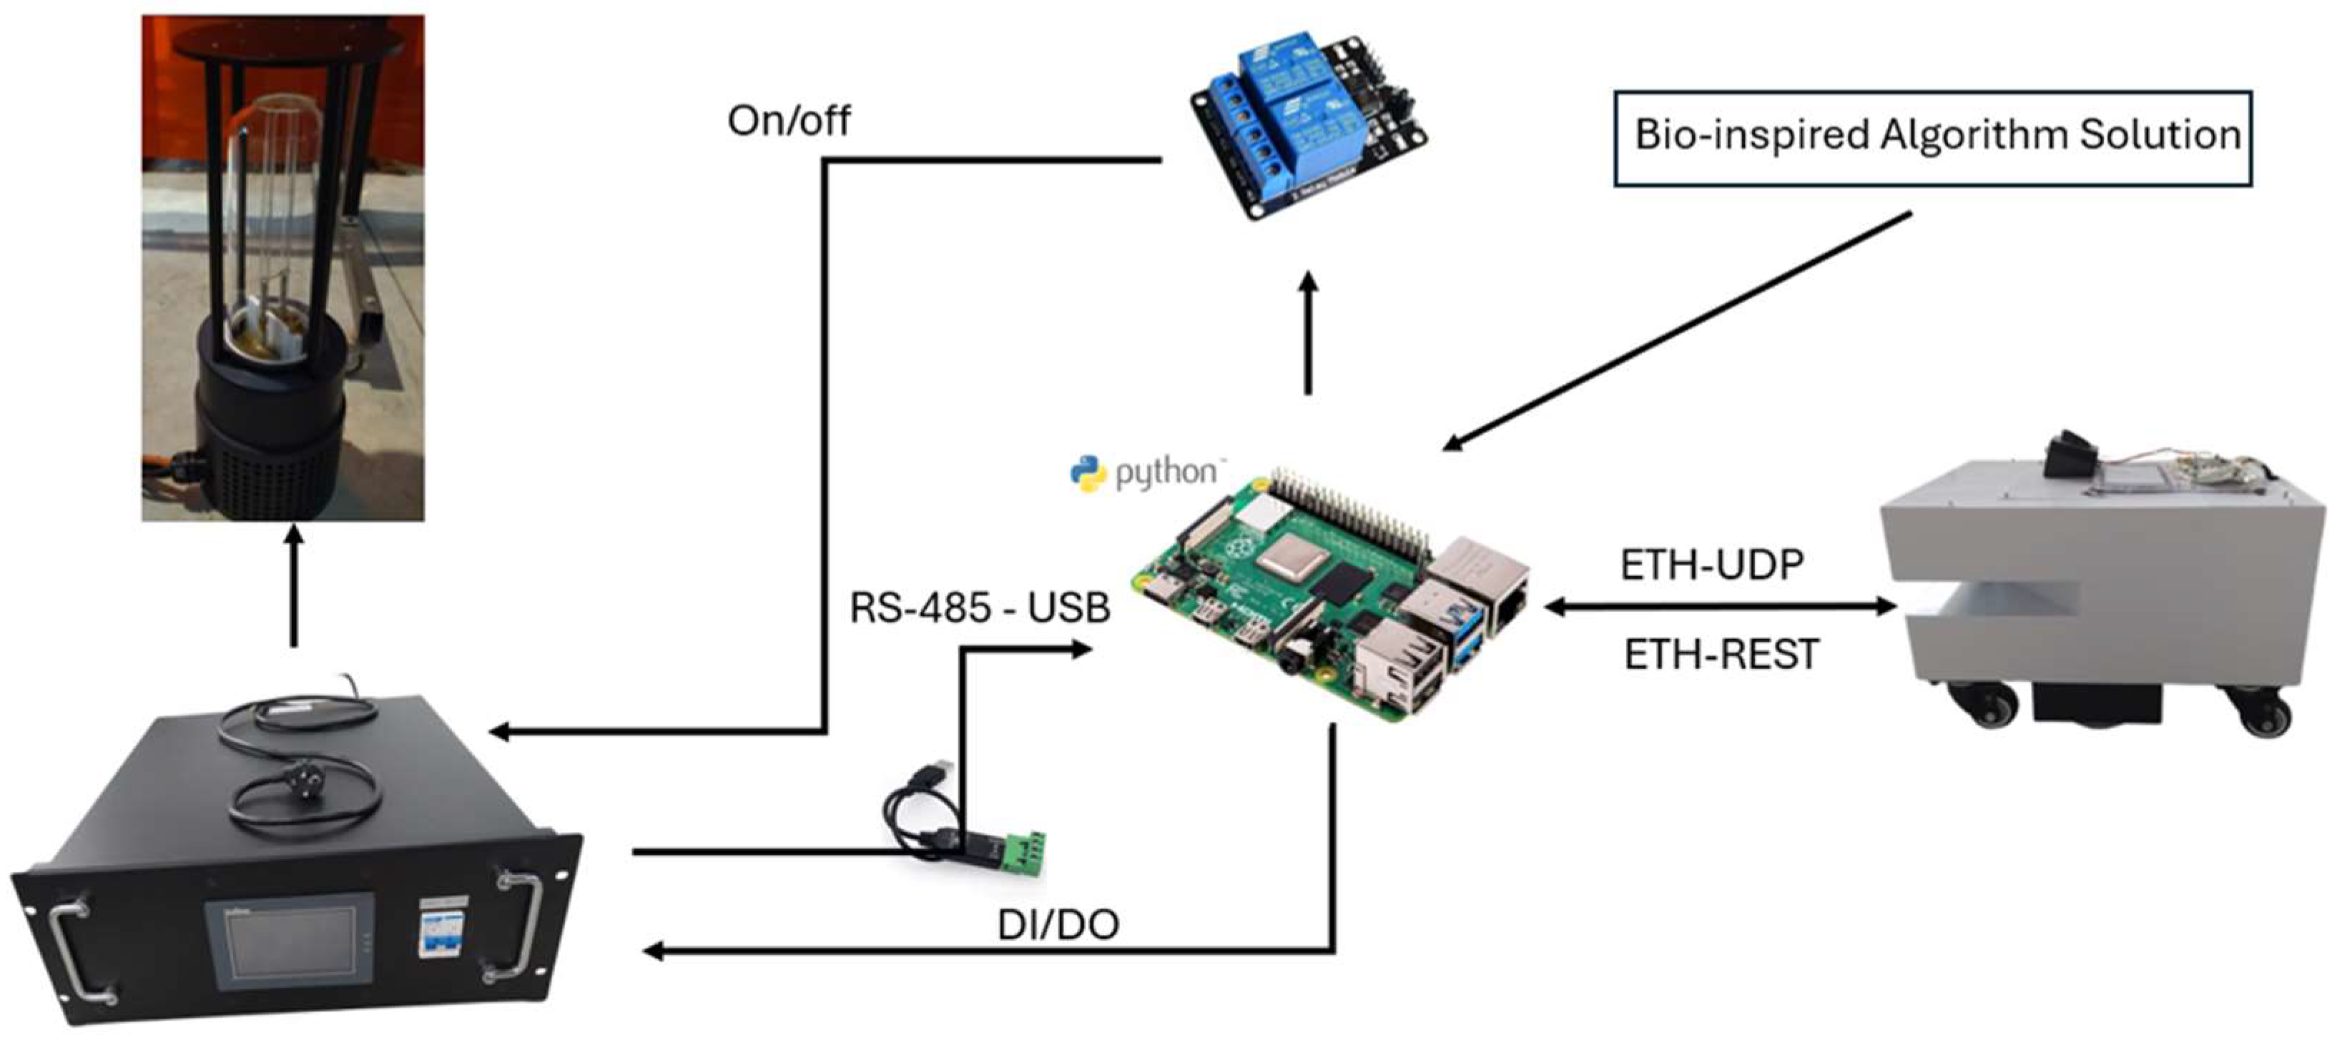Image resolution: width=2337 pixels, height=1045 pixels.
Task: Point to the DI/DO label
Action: point(1058,925)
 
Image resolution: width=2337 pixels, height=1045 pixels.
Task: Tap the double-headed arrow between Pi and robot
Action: point(1720,607)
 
